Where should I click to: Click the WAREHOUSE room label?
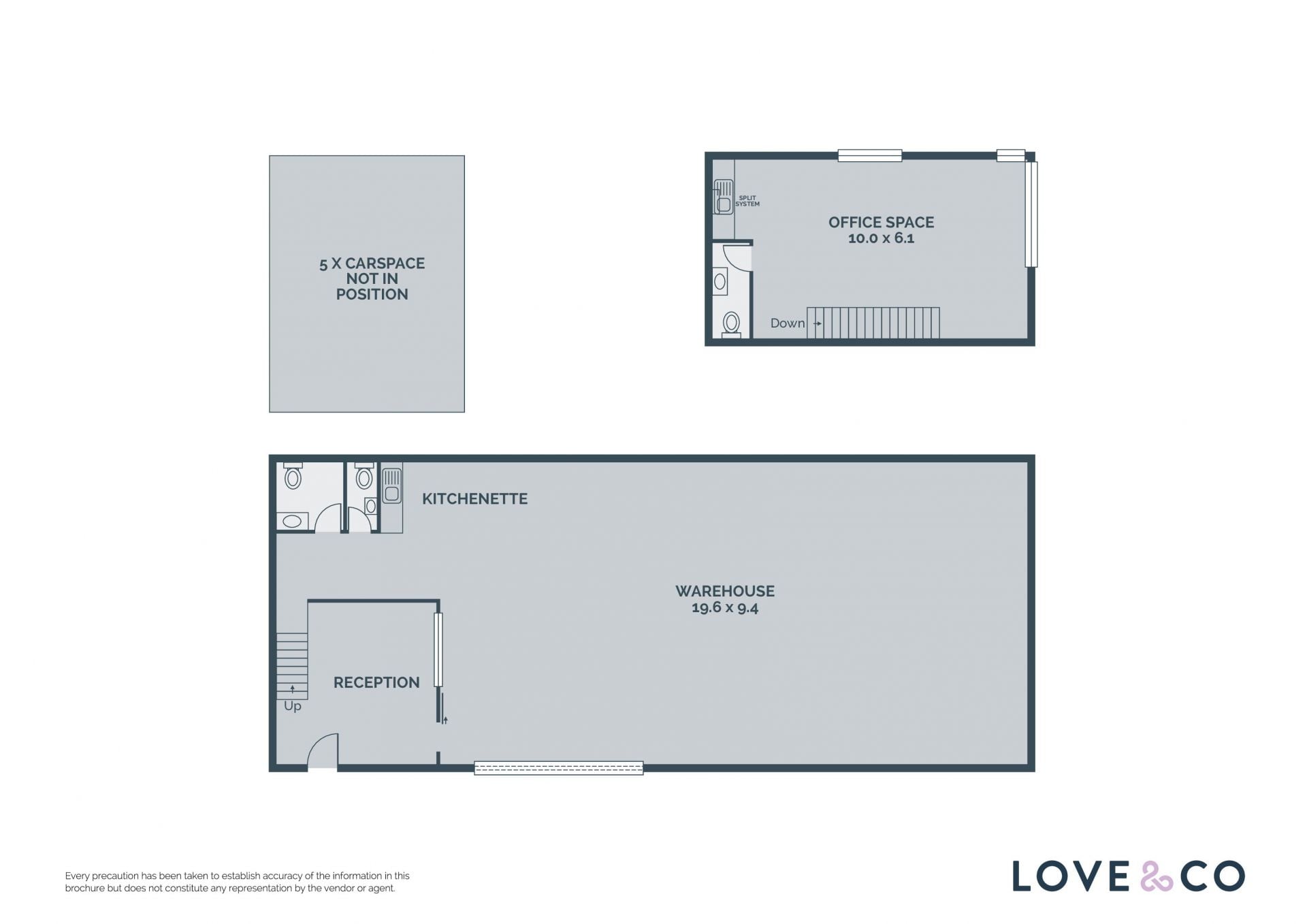pos(724,591)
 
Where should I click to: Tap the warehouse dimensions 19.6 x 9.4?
pos(724,607)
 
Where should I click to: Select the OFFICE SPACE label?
pos(881,222)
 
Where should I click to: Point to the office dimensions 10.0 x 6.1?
pos(881,238)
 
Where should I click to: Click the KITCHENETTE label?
pos(474,499)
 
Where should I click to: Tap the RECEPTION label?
pos(376,682)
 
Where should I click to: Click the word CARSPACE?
pos(385,264)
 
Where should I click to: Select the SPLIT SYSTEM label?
pos(747,201)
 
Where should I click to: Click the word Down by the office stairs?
pos(788,323)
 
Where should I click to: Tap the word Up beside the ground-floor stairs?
pos(293,706)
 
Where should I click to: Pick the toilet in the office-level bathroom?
pos(731,324)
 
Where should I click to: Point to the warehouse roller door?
pos(559,768)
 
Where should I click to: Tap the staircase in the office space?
pos(873,323)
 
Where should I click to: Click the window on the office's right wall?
pos(1031,214)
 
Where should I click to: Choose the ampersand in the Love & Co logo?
pos(1157,876)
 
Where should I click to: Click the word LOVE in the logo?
pos(1072,876)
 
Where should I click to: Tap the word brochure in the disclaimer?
pos(85,888)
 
